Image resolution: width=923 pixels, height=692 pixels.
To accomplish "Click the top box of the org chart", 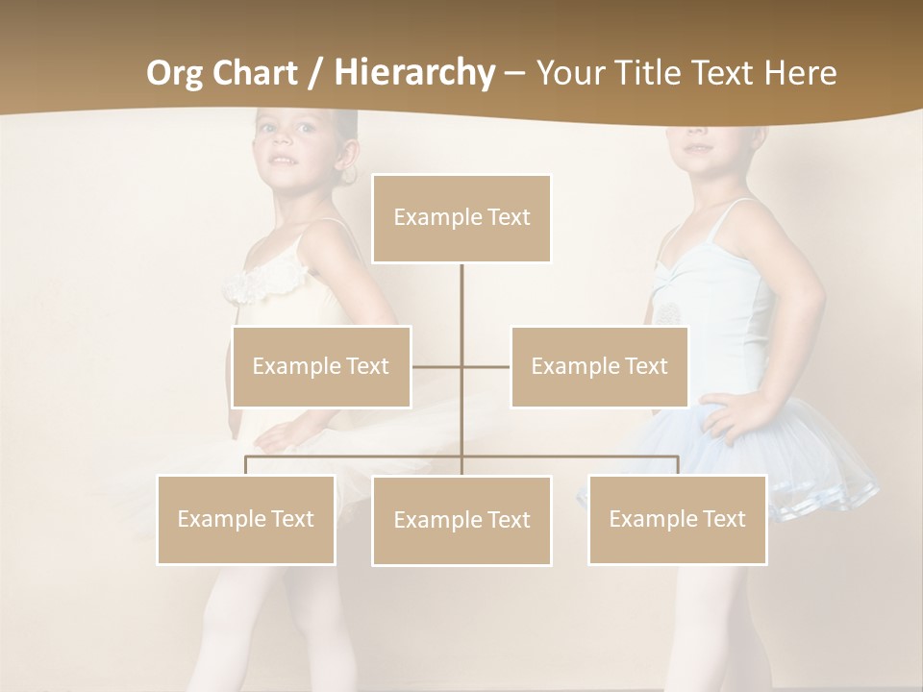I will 461,218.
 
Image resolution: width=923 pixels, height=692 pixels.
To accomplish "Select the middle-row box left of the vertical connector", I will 321,367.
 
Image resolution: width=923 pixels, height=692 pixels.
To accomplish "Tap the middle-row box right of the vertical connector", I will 599,367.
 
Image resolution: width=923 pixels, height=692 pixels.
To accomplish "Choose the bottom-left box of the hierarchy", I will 246,520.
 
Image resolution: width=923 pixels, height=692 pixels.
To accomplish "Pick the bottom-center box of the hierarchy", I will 461,521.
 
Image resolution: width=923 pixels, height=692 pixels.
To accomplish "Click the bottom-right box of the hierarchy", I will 677,520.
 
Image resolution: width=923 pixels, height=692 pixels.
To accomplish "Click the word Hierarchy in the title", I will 414,73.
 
